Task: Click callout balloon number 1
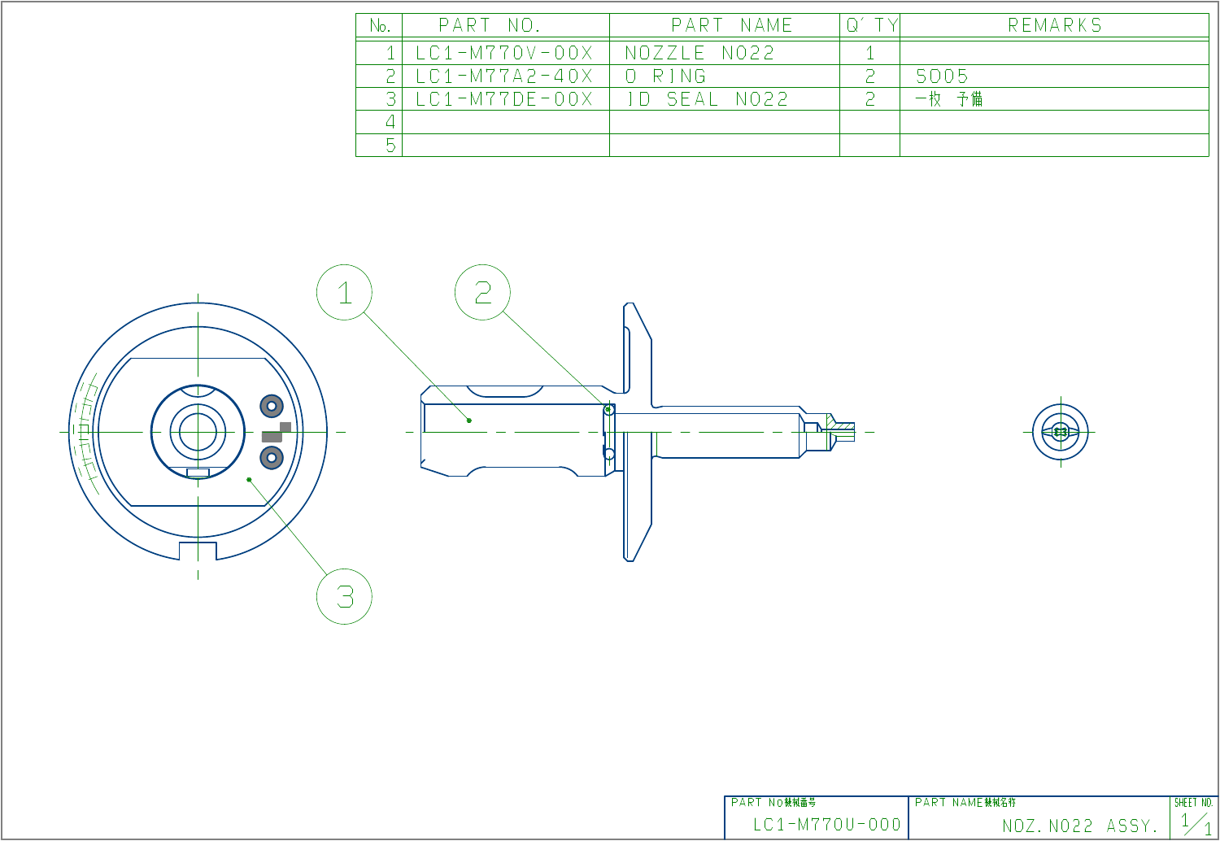coord(344,293)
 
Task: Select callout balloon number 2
coord(482,293)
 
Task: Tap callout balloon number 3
coord(344,596)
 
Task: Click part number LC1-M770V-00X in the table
coord(504,53)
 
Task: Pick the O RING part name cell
coord(665,76)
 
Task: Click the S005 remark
coord(942,76)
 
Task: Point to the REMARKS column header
coord(1054,25)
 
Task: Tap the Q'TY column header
coord(869,25)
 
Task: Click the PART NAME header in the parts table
coord(731,25)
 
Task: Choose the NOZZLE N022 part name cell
coord(699,53)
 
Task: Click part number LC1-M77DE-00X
coord(504,99)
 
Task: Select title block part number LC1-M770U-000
coord(826,825)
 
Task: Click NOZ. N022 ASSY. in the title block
coord(1080,826)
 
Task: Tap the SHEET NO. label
coord(1193,803)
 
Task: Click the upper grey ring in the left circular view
coord(272,405)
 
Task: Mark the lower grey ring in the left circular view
coord(272,458)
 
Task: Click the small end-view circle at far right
coord(1060,432)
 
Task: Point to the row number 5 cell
coord(390,146)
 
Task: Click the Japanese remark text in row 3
coord(948,99)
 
